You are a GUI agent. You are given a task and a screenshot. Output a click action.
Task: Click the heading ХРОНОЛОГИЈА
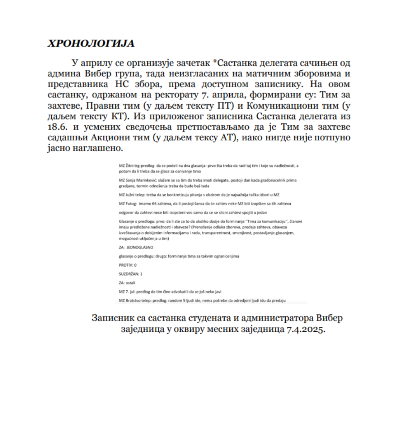click(91, 43)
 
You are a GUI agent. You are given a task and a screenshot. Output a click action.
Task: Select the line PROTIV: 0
click(128, 265)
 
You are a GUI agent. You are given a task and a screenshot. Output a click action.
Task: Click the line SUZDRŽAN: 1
click(131, 274)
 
